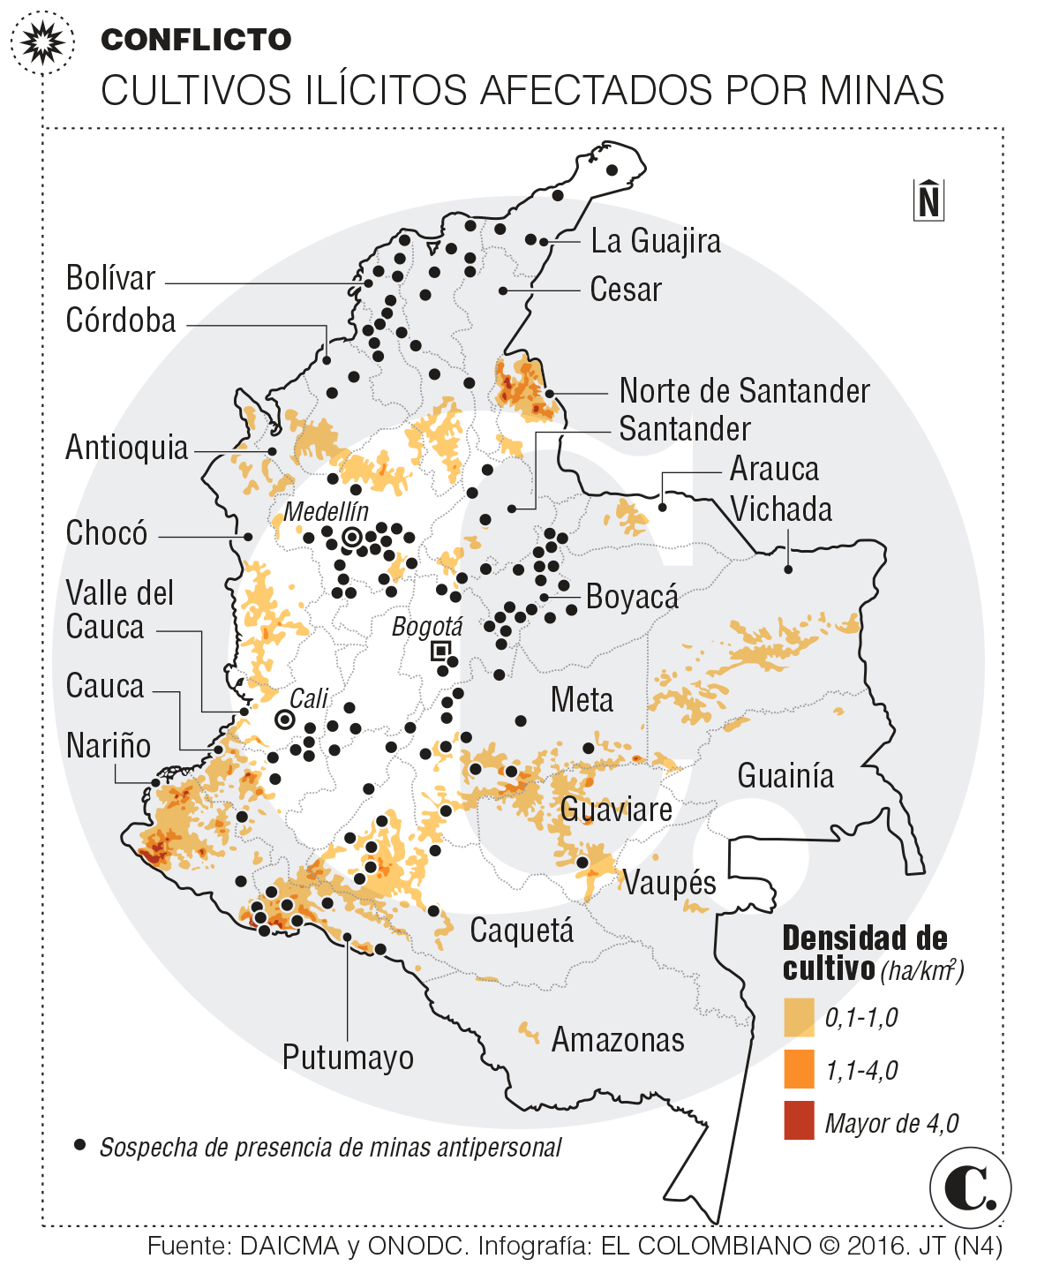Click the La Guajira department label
point(655,241)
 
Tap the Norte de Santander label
point(744,390)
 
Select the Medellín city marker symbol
point(352,537)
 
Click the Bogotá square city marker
point(440,652)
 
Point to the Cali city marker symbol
point(284,720)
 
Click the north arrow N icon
point(928,200)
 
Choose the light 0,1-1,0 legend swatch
point(799,1016)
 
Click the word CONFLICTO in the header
point(196,40)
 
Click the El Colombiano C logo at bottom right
point(969,1188)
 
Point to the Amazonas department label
point(618,1040)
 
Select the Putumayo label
point(348,1057)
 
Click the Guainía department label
point(785,775)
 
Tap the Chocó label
point(107,533)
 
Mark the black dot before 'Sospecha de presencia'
point(80,1145)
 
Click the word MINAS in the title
point(882,90)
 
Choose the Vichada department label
point(781,509)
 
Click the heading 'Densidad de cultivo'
point(864,953)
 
